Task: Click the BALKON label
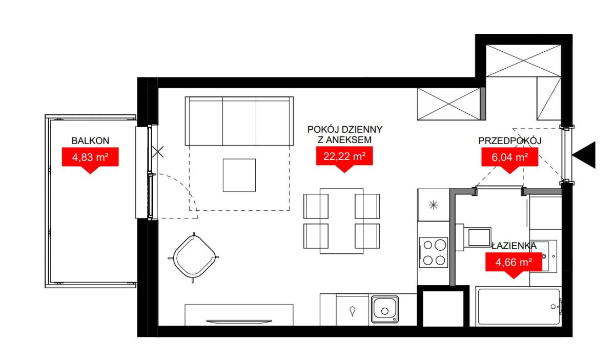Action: (x=90, y=141)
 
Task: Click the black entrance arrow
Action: (x=584, y=155)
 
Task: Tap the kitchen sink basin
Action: (x=385, y=309)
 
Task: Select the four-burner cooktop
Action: (x=434, y=252)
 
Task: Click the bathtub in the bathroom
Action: (x=519, y=307)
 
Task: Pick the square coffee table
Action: (x=239, y=175)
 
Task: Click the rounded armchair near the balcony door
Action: (x=194, y=257)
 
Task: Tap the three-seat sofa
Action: (x=239, y=121)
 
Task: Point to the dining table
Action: (x=341, y=221)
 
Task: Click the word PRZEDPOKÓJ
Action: (x=510, y=141)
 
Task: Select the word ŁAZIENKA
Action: (x=514, y=246)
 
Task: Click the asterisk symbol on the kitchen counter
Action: (x=433, y=205)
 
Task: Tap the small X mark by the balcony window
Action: (x=158, y=152)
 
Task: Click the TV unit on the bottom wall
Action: (x=239, y=315)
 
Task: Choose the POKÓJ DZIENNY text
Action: (x=345, y=129)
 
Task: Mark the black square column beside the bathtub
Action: (x=443, y=306)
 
